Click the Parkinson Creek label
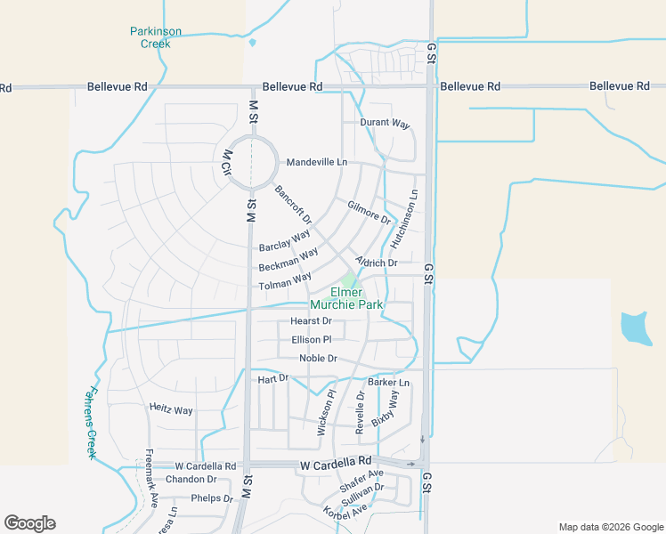[156, 37]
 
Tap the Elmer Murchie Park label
[357, 298]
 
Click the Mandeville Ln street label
[317, 163]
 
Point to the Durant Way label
[385, 123]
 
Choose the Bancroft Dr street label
[293, 205]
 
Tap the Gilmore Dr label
[370, 212]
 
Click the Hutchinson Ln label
[403, 219]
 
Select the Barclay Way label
[284, 240]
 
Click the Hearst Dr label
[311, 321]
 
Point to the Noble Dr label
[318, 359]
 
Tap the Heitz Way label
[171, 410]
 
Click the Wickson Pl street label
[325, 412]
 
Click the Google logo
[29, 523]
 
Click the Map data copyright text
[610, 527]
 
